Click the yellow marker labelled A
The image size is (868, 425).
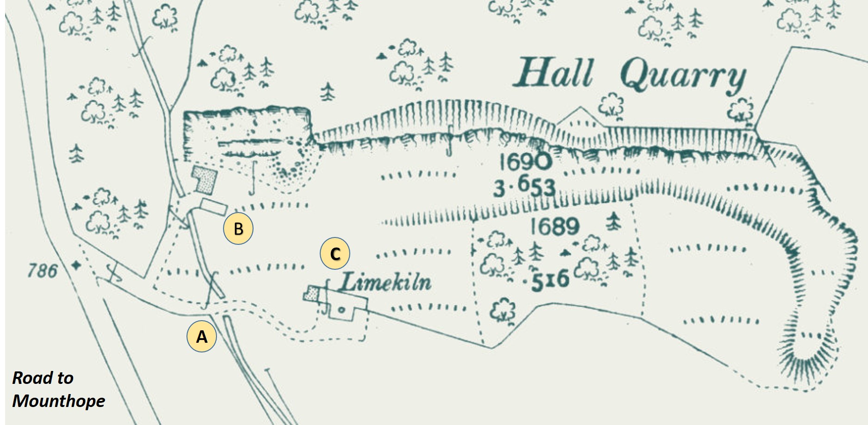[x=201, y=336]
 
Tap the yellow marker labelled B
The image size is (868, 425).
[x=238, y=228]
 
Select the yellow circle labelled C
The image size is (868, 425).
[x=335, y=253]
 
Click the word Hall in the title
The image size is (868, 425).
[x=553, y=73]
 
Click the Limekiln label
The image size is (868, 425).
[x=385, y=282]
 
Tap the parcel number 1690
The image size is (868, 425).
[x=526, y=162]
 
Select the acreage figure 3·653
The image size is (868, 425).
[x=524, y=186]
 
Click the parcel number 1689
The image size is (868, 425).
[x=554, y=226]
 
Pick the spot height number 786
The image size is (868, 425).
[x=42, y=270]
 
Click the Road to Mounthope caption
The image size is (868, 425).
[x=58, y=389]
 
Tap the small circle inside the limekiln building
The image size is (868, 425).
[x=341, y=310]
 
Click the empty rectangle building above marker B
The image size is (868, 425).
[x=214, y=206]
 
